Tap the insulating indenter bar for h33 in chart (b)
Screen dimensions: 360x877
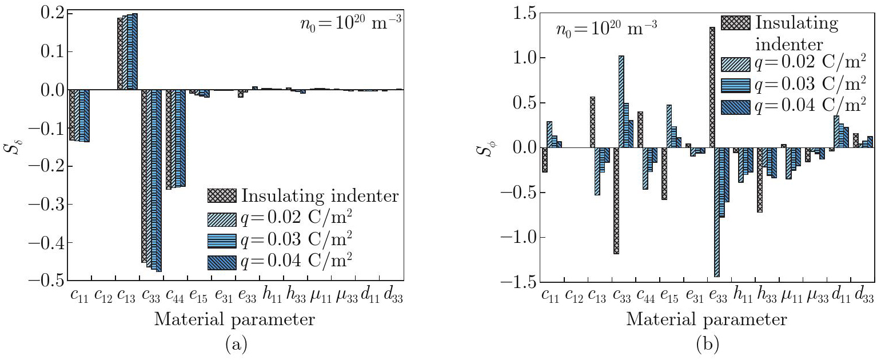tap(760, 180)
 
